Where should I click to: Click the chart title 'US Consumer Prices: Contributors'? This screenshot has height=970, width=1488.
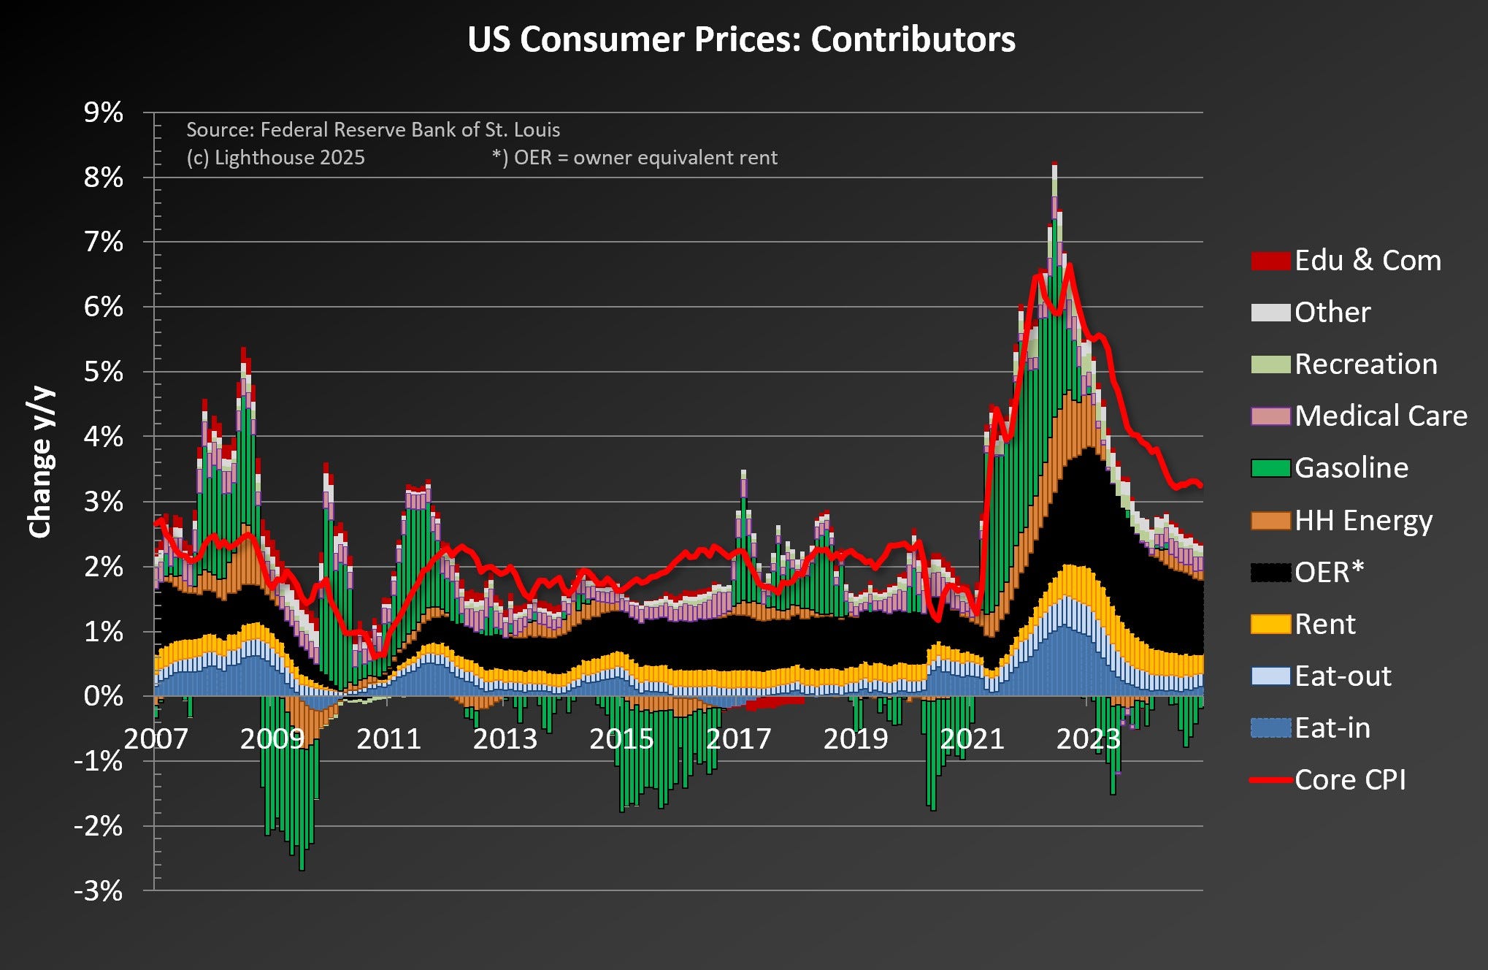741,39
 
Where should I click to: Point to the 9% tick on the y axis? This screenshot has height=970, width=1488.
103,113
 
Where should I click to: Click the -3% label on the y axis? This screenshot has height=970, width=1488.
98,891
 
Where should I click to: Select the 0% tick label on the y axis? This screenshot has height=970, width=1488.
103,696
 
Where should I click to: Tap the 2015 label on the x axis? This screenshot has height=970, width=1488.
621,738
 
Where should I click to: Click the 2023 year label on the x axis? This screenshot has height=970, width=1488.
1088,738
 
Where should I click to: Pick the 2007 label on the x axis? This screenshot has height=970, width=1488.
156,738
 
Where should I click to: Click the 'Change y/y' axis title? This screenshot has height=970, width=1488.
40,463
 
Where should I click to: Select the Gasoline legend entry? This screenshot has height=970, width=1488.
1351,467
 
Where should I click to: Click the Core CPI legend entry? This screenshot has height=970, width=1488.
1349,779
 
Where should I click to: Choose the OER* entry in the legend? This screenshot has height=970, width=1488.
1328,572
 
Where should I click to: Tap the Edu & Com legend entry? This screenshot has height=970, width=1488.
1367,260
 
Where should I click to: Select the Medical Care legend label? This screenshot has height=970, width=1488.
1380,416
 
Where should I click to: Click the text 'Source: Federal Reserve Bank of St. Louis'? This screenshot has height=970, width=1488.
373,130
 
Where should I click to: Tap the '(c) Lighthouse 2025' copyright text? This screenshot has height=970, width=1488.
275,158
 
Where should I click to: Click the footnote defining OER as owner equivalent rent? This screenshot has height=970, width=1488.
634,158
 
